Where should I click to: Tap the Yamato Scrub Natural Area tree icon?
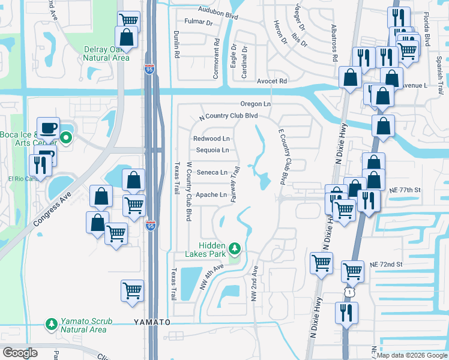pos(52,325)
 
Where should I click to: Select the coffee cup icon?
pos(48,128)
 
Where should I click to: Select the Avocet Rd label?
pos(272,81)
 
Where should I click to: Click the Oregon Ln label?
pos(256,104)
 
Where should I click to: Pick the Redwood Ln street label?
pos(211,139)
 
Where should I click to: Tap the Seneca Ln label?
pos(211,172)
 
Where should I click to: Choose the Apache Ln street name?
pos(211,194)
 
